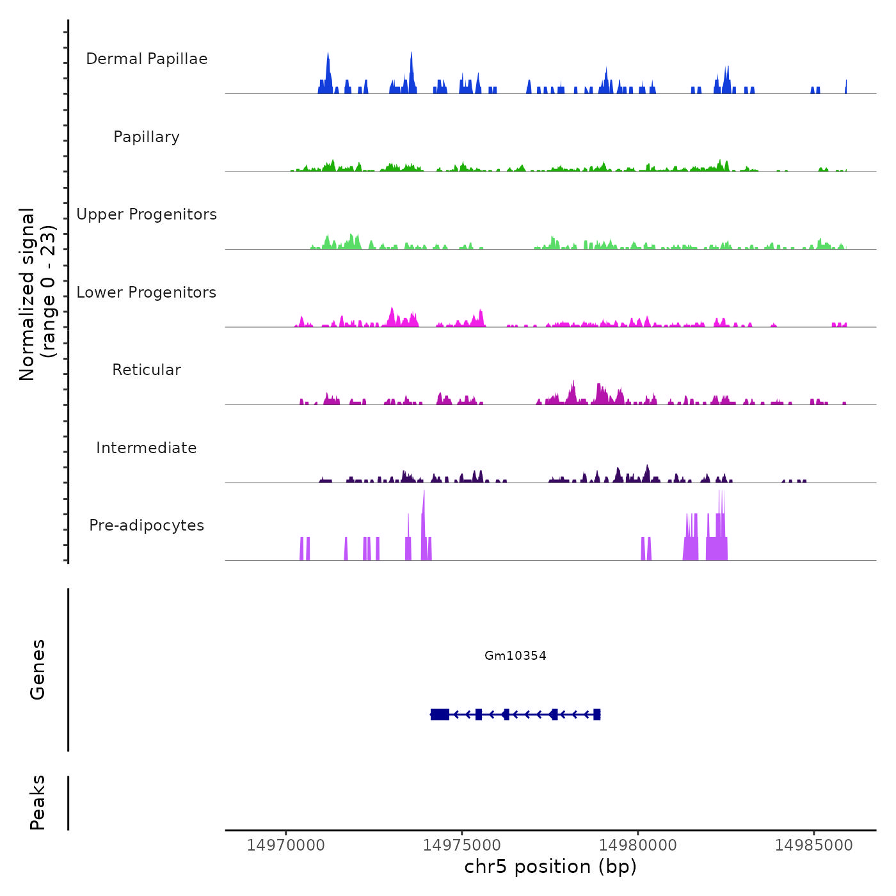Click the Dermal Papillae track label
pyautogui.click(x=147, y=59)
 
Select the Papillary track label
pyautogui.click(x=147, y=137)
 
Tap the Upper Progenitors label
pyautogui.click(x=147, y=214)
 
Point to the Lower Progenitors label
pyautogui.click(x=147, y=292)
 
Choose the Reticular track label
pyautogui.click(x=147, y=370)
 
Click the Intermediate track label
pyautogui.click(x=147, y=448)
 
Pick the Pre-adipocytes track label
pyautogui.click(x=147, y=525)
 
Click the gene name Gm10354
pyautogui.click(x=515, y=655)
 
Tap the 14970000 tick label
pyautogui.click(x=286, y=845)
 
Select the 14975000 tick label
pyautogui.click(x=462, y=845)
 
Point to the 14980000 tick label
pyautogui.click(x=638, y=845)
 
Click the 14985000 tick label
pyautogui.click(x=814, y=845)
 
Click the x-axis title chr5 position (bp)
pyautogui.click(x=550, y=867)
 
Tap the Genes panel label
pyautogui.click(x=38, y=669)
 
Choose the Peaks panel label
pyautogui.click(x=38, y=803)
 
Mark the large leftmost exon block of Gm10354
pyautogui.click(x=440, y=714)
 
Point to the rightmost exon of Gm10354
pyautogui.click(x=596, y=714)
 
